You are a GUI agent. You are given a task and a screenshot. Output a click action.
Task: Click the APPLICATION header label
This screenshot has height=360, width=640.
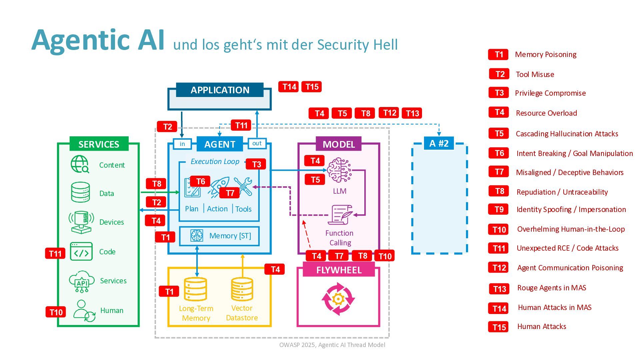[220, 90]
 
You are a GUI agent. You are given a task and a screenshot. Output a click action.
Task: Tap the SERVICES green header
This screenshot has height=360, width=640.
[99, 144]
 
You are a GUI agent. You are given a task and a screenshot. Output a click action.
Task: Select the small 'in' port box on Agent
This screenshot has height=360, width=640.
[182, 144]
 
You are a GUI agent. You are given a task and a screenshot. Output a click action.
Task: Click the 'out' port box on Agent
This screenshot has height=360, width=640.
[257, 143]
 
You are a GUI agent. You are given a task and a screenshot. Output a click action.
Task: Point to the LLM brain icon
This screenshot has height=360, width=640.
[339, 170]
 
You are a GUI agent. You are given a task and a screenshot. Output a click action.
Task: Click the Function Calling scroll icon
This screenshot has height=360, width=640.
[340, 215]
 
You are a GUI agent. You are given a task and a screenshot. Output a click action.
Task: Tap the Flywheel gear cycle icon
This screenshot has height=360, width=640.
[338, 299]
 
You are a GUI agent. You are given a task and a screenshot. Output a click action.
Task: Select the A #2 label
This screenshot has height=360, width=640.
[439, 143]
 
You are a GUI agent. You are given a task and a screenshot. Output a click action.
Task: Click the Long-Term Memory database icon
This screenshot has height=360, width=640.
[196, 289]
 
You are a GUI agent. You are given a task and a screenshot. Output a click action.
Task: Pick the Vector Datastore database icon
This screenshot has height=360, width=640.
[242, 289]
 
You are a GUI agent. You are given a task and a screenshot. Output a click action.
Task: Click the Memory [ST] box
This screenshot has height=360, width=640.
[219, 236]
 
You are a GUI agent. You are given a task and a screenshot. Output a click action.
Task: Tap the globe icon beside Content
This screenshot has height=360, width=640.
[80, 164]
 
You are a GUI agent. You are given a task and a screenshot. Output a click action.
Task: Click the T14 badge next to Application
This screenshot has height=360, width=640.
[289, 87]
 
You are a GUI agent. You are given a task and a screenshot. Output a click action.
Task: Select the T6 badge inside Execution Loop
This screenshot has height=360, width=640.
[200, 181]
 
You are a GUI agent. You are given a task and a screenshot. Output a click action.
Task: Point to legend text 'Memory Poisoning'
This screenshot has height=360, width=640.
[546, 55]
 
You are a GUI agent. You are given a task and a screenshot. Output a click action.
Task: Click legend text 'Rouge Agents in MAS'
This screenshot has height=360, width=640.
[552, 288]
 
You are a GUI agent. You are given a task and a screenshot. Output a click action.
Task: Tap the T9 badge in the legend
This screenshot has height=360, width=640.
[499, 209]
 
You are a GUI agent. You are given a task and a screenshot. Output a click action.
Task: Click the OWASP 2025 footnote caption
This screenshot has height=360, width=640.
[332, 345]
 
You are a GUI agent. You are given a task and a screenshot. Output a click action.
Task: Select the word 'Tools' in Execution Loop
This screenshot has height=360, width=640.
[243, 209]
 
